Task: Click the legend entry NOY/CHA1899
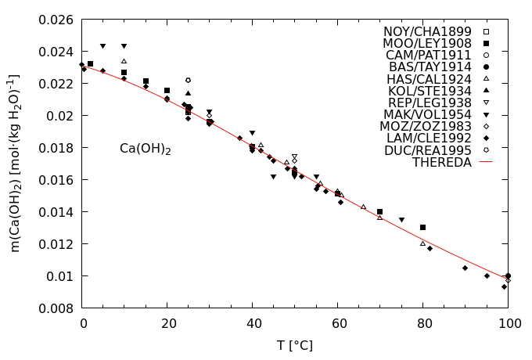click(x=427, y=31)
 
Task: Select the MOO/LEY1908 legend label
click(x=427, y=43)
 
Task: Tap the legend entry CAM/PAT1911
click(x=429, y=55)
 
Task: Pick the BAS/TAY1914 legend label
click(x=430, y=67)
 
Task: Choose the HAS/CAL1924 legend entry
click(x=429, y=79)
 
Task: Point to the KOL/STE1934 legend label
click(x=430, y=91)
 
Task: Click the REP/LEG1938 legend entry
click(x=430, y=103)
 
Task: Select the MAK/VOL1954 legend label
click(x=429, y=115)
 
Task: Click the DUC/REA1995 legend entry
click(x=428, y=150)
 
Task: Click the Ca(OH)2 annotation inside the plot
click(x=146, y=149)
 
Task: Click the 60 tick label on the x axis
click(x=337, y=322)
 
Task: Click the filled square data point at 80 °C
click(x=422, y=227)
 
